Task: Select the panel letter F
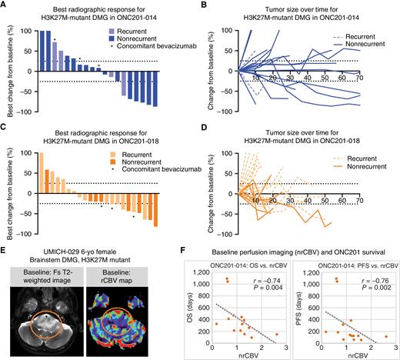(x=209, y=250)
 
